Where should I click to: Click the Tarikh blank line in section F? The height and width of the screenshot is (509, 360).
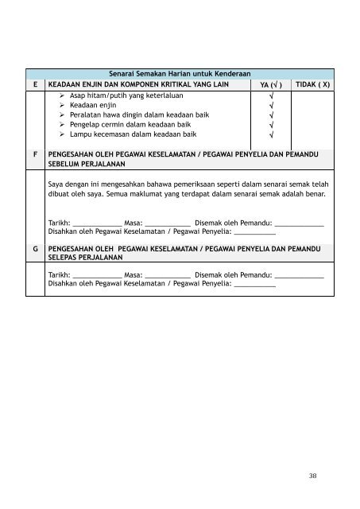(96, 224)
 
